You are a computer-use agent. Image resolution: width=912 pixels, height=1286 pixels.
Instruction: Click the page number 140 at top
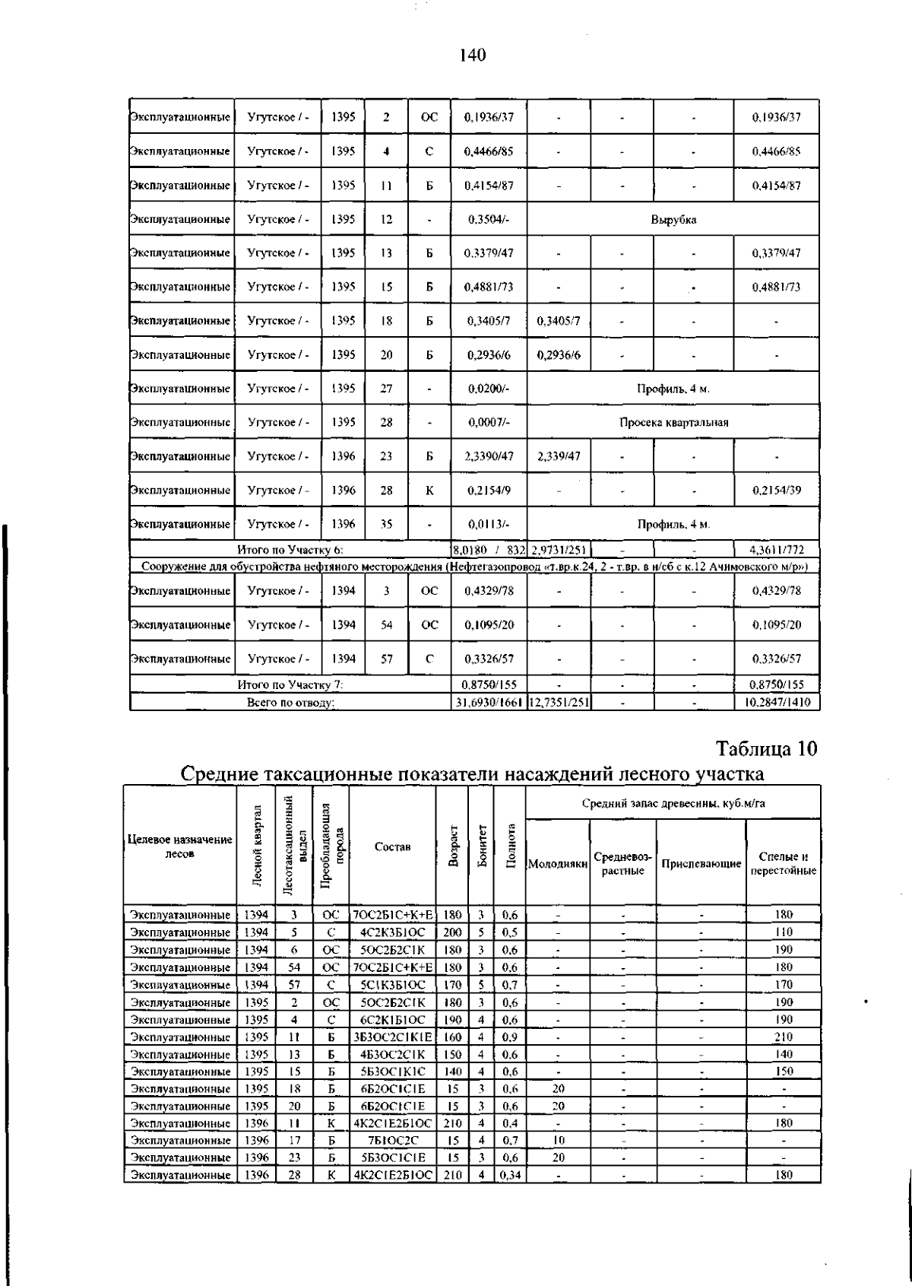click(x=472, y=55)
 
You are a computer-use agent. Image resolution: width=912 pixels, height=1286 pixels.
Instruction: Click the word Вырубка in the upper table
click(x=673, y=220)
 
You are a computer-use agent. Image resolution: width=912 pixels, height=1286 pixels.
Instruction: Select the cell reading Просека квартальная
click(x=673, y=423)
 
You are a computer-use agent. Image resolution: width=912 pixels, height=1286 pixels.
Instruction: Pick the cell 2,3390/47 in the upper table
click(x=489, y=456)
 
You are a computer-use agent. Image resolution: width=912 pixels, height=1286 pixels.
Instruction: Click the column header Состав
click(x=392, y=846)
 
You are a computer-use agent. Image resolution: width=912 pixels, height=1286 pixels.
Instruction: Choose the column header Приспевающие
click(x=701, y=864)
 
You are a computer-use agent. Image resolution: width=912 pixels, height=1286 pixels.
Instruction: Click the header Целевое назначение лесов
click(x=179, y=846)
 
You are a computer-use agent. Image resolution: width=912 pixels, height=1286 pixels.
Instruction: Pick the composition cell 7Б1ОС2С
click(x=392, y=1140)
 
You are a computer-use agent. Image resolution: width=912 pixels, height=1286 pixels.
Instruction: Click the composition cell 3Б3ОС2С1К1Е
click(x=392, y=1037)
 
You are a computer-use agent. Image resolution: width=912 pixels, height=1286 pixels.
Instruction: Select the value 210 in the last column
click(x=783, y=1037)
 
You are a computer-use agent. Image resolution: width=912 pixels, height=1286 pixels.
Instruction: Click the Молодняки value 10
click(x=558, y=1140)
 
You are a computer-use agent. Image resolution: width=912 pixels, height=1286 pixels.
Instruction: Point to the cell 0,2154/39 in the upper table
click(x=776, y=491)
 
